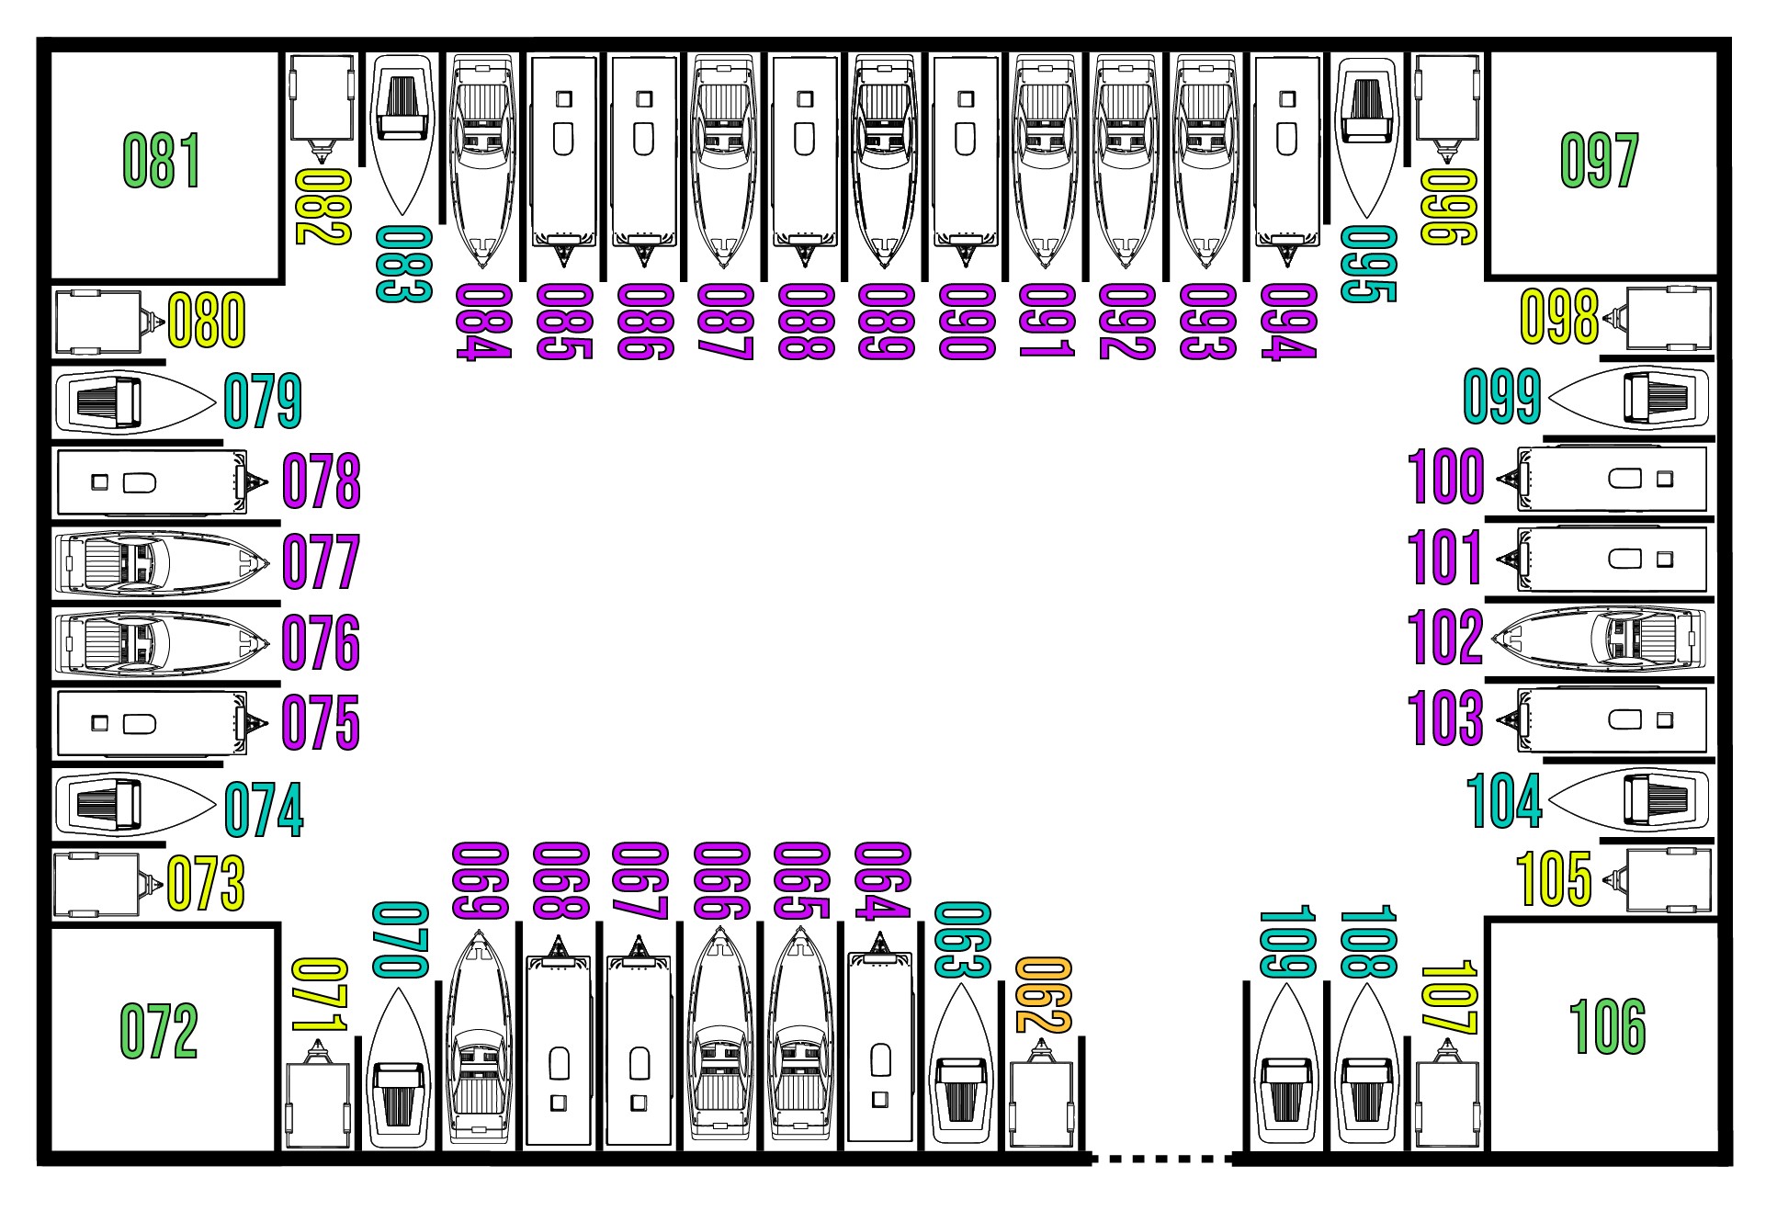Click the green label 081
point(162,161)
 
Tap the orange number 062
point(1044,995)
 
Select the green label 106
point(1607,1027)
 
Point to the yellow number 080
point(207,321)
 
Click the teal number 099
point(1501,397)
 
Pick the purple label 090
point(966,321)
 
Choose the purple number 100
point(1445,477)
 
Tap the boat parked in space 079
point(135,402)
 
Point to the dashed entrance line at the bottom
point(1160,1159)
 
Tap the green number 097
point(1600,161)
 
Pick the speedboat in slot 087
point(724,161)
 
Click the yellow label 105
point(1553,878)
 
